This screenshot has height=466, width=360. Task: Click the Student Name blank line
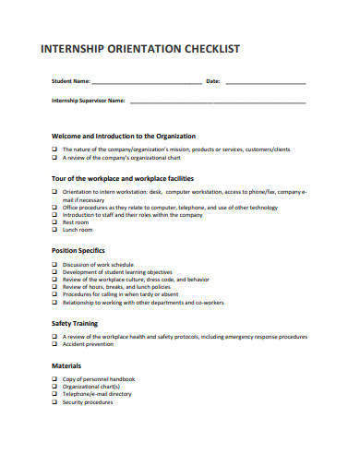[x=148, y=84]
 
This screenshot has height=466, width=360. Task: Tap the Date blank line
[x=265, y=84]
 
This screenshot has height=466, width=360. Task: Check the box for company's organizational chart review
[x=54, y=156]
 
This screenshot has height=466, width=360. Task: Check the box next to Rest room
[x=54, y=221]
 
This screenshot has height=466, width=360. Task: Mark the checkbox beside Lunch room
[x=54, y=229]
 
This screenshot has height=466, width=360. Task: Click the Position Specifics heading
[x=78, y=250]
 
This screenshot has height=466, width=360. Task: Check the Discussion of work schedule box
[x=54, y=265]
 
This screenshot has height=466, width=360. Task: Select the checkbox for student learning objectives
[x=54, y=272]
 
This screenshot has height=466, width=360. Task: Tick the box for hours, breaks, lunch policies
[x=54, y=286]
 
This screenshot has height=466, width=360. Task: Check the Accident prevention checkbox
[x=54, y=344]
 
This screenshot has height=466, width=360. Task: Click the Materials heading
[x=66, y=365]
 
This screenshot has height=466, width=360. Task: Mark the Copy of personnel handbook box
[x=54, y=379]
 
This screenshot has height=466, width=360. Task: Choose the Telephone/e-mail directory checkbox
[x=54, y=394]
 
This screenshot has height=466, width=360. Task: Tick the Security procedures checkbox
[x=54, y=401]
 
